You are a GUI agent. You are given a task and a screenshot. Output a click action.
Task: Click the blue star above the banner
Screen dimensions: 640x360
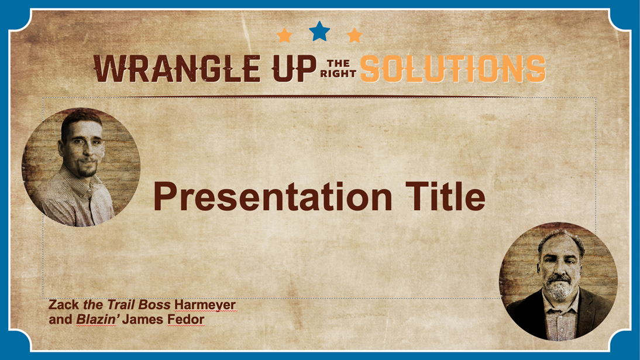(319, 32)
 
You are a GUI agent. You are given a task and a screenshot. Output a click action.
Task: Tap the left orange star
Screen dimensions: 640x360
(284, 35)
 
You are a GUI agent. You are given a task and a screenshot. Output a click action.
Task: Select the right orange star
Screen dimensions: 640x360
(355, 35)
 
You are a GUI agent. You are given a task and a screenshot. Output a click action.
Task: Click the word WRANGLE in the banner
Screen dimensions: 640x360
(177, 68)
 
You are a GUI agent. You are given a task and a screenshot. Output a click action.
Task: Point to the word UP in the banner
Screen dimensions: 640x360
(294, 68)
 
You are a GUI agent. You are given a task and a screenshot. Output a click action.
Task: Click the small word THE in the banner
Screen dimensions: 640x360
(338, 63)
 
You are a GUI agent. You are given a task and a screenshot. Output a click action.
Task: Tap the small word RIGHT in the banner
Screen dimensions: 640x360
(338, 74)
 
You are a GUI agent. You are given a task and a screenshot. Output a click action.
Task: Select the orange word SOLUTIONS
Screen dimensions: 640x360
(453, 68)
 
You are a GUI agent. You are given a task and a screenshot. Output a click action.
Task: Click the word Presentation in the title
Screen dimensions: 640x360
(273, 197)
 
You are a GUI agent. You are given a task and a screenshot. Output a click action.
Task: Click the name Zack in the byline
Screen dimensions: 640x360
(64, 304)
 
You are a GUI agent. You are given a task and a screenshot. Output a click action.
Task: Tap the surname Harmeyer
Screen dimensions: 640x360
(205, 305)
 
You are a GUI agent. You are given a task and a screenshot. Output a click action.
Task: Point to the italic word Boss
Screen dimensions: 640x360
(154, 304)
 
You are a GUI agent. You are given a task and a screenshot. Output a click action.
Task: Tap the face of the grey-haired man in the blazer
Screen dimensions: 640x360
(559, 268)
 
